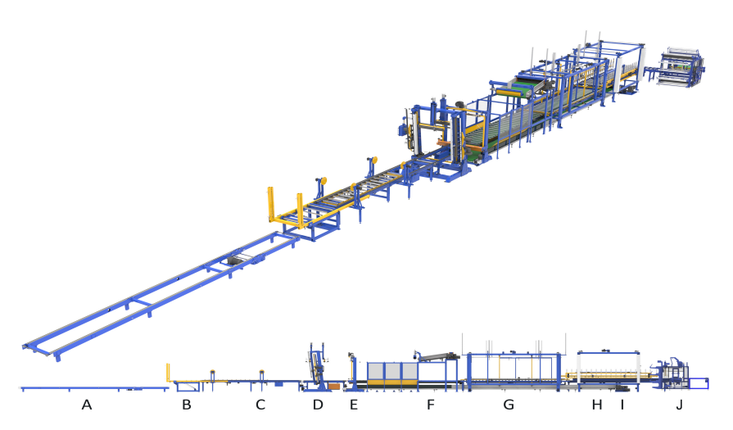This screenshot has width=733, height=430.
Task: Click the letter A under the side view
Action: point(87,405)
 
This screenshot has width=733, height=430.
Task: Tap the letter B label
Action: point(187,405)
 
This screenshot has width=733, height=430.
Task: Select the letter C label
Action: point(260,405)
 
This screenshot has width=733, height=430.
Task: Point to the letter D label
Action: point(318,405)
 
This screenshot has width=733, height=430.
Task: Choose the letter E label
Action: point(354,405)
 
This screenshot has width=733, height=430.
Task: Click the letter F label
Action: point(431,405)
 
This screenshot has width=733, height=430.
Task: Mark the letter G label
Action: point(509,405)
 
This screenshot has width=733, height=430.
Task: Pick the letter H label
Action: point(597,405)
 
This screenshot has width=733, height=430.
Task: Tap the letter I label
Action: point(622,405)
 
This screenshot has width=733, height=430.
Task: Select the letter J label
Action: point(679,405)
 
